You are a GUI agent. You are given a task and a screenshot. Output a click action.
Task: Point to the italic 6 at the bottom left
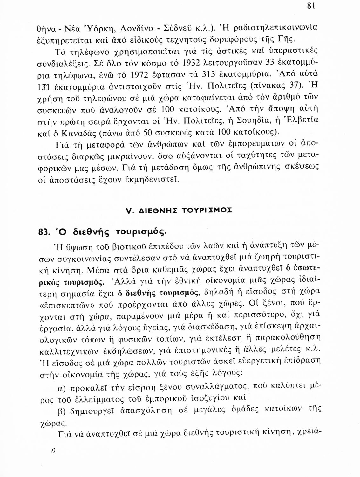53,451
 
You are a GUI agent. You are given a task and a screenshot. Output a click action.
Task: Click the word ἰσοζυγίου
203,397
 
